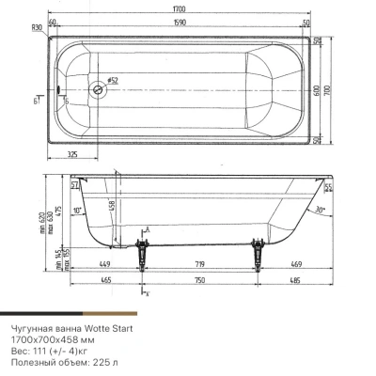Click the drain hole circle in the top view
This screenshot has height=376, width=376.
pyautogui.click(x=97, y=90)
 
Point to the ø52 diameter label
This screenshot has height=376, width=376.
pyautogui.click(x=112, y=83)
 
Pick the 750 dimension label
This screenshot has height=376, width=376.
pyautogui.click(x=197, y=281)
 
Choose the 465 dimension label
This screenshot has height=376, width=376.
pyautogui.click(x=104, y=281)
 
